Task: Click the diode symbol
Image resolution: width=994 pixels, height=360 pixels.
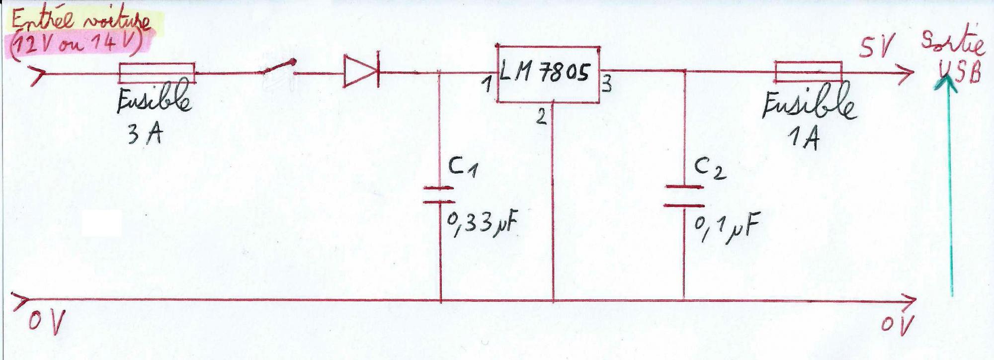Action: (x=362, y=74)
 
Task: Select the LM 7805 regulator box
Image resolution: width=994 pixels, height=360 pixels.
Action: (x=548, y=75)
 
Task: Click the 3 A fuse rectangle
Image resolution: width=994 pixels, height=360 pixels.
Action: (x=156, y=73)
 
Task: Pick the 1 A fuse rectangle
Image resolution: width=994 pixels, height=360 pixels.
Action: (x=808, y=72)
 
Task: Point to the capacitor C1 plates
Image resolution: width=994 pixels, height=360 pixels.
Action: (x=439, y=195)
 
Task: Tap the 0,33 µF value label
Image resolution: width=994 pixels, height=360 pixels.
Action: (x=481, y=224)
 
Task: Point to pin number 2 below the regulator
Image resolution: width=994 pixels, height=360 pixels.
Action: (x=541, y=117)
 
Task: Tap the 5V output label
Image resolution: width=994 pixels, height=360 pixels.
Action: (x=877, y=47)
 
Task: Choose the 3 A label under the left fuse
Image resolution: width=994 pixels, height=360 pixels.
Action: (x=145, y=133)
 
